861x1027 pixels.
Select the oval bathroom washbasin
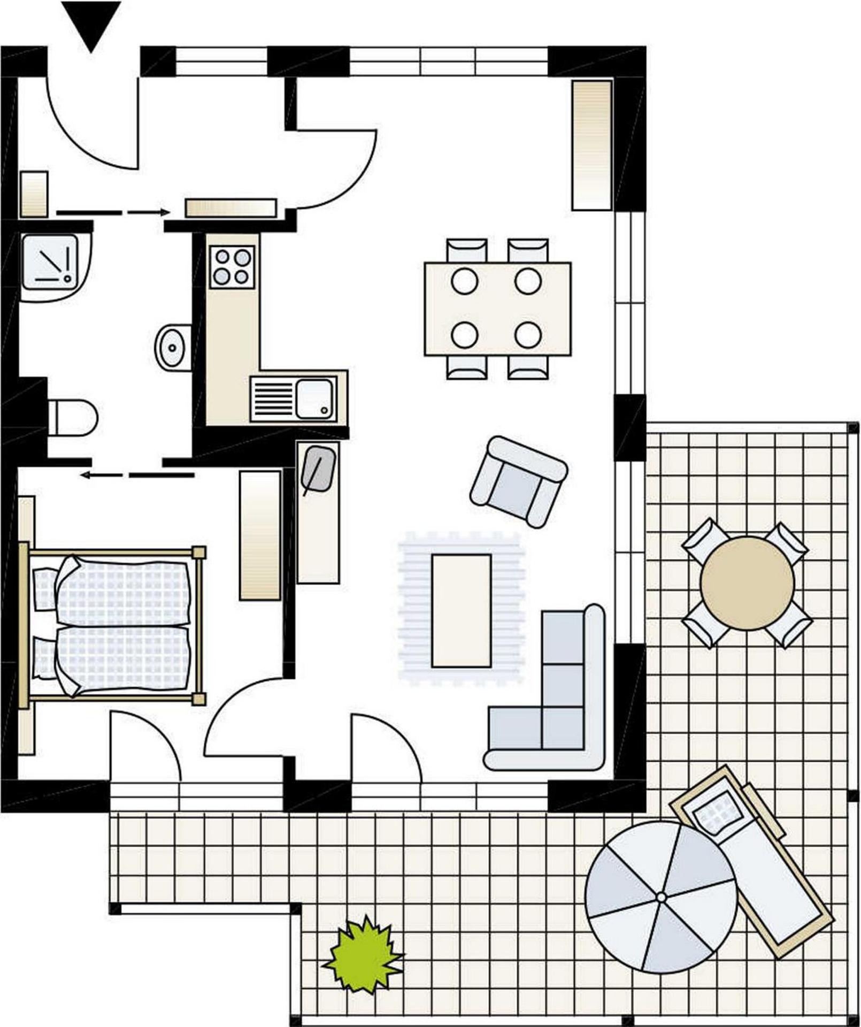(172, 347)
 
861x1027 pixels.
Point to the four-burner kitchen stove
(232, 267)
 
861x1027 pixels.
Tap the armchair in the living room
(518, 481)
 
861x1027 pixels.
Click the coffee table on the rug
(462, 610)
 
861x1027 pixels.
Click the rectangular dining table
(497, 309)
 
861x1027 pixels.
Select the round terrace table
(747, 583)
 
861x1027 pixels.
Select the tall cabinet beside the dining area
(591, 145)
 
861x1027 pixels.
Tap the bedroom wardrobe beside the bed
(260, 535)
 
